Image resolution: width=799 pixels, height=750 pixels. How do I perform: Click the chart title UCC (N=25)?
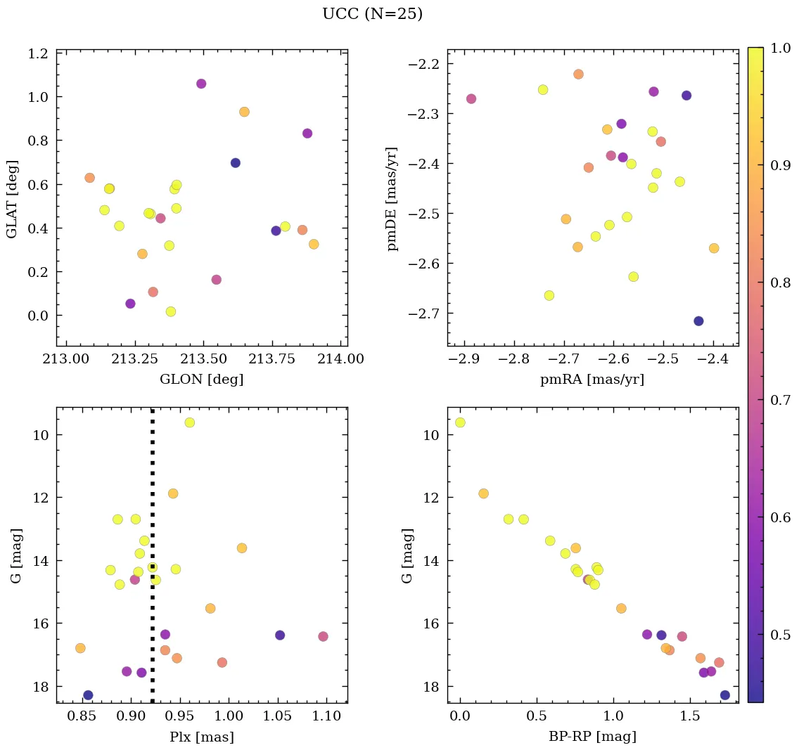(x=372, y=14)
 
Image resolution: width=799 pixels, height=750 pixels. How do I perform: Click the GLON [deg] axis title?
(x=202, y=380)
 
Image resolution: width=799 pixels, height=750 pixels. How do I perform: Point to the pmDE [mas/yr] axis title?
(x=392, y=198)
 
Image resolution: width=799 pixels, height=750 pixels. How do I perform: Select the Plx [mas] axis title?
(x=202, y=737)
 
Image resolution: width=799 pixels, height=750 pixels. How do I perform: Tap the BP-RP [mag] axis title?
(x=593, y=737)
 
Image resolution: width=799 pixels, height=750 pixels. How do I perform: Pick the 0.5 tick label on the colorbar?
(x=780, y=635)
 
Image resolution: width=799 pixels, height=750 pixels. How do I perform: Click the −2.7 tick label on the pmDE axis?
(x=425, y=313)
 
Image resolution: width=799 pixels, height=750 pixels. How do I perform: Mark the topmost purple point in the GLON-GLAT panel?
(x=201, y=84)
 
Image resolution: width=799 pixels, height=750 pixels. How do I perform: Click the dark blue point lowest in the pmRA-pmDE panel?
(x=698, y=321)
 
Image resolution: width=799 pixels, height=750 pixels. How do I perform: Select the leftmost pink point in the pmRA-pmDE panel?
(x=471, y=99)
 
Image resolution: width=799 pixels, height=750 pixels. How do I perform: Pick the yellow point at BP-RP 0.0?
(x=460, y=422)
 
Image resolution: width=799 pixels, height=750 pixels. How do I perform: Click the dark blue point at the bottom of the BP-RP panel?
(x=725, y=695)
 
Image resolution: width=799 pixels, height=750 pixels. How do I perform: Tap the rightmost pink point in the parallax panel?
(x=323, y=637)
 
